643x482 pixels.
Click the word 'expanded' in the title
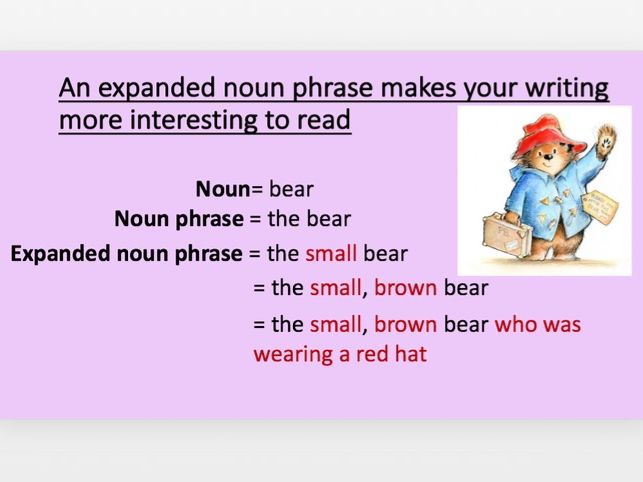[156, 89]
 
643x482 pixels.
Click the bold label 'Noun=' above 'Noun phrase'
[229, 189]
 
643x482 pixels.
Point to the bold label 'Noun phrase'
[179, 219]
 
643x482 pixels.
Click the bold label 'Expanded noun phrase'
[127, 254]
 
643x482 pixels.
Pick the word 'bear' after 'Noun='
[291, 190]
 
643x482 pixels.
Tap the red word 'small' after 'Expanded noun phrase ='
[331, 254]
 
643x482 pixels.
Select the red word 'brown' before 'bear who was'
[405, 324]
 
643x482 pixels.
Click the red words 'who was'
[538, 324]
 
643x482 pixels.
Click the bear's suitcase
[507, 235]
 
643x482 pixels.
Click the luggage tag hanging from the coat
[600, 206]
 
